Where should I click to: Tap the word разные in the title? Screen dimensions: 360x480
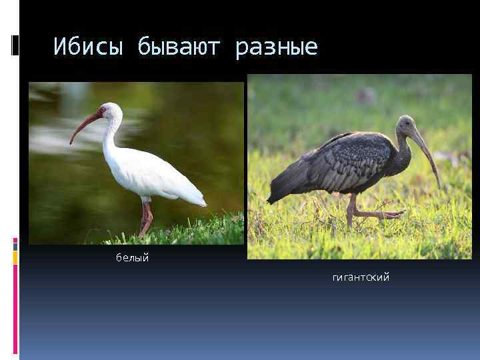pyautogui.click(x=277, y=47)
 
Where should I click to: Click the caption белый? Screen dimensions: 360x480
pyautogui.click(x=132, y=258)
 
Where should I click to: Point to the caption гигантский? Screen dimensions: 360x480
pyautogui.click(x=361, y=277)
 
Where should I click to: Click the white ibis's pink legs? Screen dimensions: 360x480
pyautogui.click(x=145, y=217)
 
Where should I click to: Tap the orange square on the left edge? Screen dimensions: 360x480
pyautogui.click(x=15, y=257)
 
